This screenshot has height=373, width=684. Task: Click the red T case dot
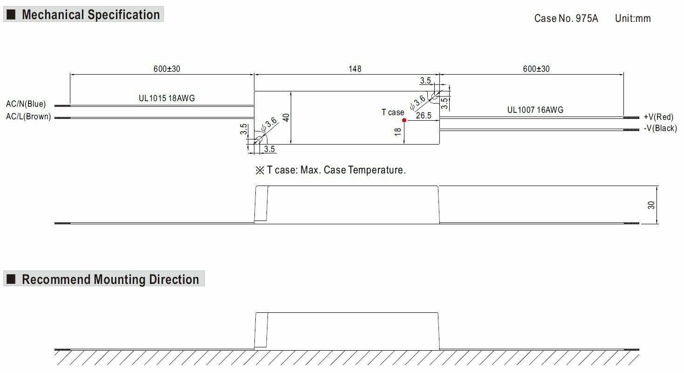click(x=404, y=120)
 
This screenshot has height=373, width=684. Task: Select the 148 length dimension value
click(x=355, y=69)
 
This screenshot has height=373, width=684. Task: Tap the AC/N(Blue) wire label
click(x=26, y=104)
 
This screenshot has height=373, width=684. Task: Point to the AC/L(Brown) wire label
click(x=28, y=117)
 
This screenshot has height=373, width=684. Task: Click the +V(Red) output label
click(x=658, y=117)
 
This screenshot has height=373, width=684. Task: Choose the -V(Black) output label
click(x=660, y=129)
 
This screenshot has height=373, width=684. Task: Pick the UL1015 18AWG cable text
click(x=167, y=98)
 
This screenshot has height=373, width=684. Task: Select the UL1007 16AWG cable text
click(x=535, y=110)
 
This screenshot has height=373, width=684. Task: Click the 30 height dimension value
click(x=651, y=205)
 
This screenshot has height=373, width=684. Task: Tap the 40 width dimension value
click(x=286, y=117)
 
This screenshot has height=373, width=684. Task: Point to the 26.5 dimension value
click(x=423, y=116)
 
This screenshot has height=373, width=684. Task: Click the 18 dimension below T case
click(x=397, y=132)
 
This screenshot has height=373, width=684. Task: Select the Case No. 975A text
click(x=566, y=19)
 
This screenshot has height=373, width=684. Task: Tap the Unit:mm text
click(x=632, y=19)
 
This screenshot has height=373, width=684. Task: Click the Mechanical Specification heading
click(x=91, y=15)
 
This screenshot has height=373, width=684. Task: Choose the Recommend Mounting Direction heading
click(x=110, y=280)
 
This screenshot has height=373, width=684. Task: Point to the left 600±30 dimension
click(x=167, y=69)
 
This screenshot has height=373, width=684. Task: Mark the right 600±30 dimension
click(x=536, y=69)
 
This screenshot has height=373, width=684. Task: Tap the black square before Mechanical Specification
click(x=12, y=15)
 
